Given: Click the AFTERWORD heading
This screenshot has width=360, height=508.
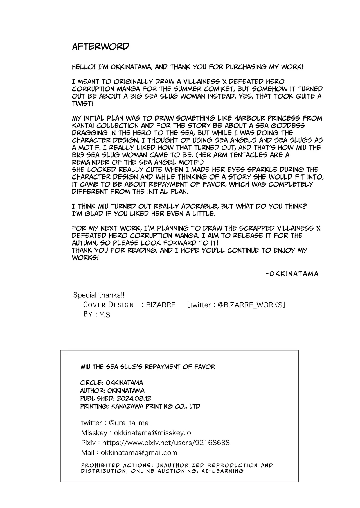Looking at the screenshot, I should pyautogui.click(x=100, y=47).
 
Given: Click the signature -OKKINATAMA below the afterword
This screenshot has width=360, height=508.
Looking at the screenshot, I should pyautogui.click(x=292, y=274).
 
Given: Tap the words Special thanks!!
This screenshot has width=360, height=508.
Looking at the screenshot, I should pyautogui.click(x=99, y=295).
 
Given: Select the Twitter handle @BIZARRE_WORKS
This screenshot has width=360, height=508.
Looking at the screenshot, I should pyautogui.click(x=251, y=305).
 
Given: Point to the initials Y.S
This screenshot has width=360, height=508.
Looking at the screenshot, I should pyautogui.click(x=105, y=315).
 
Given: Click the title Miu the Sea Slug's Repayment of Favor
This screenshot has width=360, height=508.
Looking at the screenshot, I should pyautogui.click(x=148, y=367).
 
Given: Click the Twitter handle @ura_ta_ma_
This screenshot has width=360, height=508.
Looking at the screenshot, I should pyautogui.click(x=130, y=423).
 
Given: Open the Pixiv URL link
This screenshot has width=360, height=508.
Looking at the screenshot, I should pyautogui.click(x=166, y=443).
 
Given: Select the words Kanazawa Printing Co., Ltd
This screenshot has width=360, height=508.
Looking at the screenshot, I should pyautogui.click(x=156, y=406).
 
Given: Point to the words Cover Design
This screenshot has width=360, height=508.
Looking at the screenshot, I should pyautogui.click(x=109, y=305).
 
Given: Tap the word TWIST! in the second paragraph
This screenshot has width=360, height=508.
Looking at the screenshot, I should pyautogui.click(x=82, y=103).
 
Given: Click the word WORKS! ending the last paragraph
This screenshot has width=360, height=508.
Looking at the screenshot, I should pyautogui.click(x=85, y=258).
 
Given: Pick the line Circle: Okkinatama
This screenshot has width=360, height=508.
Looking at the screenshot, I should pyautogui.click(x=111, y=383).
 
